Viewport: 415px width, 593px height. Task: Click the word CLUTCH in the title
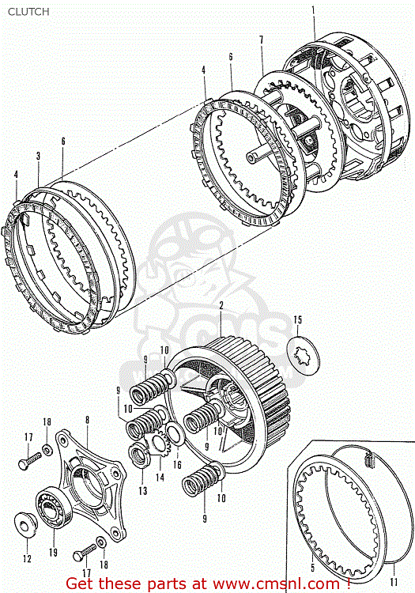(x=28, y=12)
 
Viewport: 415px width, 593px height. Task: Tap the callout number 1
(x=313, y=10)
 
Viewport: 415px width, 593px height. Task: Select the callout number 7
(x=261, y=40)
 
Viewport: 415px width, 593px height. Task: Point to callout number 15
(x=298, y=320)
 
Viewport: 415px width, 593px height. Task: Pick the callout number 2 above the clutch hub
(x=221, y=305)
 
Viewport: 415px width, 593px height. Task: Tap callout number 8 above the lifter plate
(x=87, y=420)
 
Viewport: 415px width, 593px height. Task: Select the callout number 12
(x=27, y=558)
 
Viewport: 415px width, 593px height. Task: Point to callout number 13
(x=142, y=491)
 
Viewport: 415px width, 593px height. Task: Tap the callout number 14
(x=160, y=478)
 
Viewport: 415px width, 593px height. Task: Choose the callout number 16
(x=177, y=464)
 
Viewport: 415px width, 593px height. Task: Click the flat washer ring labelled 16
(x=175, y=435)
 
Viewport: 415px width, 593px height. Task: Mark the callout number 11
(x=394, y=582)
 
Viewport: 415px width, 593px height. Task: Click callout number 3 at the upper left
(x=38, y=156)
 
